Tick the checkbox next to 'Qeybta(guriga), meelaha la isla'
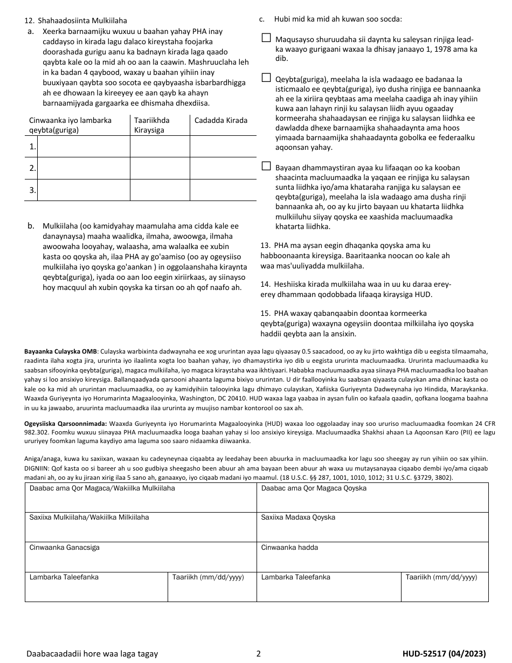[266, 78]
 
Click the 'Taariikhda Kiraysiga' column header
[151, 125]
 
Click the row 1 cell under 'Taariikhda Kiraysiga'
[160, 147]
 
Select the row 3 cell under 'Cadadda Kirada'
[219, 190]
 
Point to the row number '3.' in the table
[32, 190]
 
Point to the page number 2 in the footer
[258, 653]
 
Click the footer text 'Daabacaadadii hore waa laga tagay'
[92, 653]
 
